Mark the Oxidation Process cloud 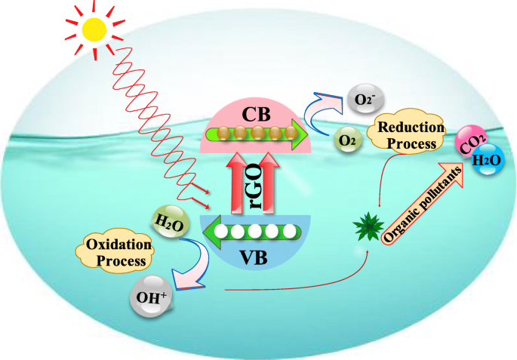(115, 251)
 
